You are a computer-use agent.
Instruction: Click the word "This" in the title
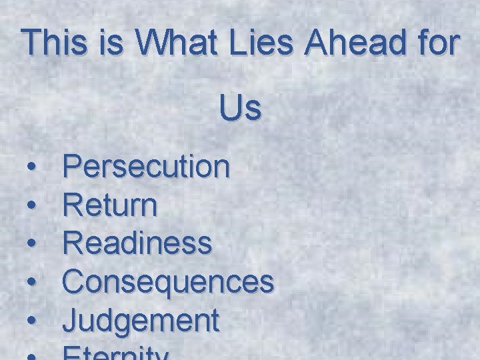pyautogui.click(x=53, y=43)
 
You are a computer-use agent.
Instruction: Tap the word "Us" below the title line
pyautogui.click(x=240, y=108)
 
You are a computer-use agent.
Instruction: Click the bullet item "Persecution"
pyautogui.click(x=147, y=167)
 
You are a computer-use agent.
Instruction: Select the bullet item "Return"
pyautogui.click(x=110, y=206)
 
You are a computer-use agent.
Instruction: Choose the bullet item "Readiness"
pyautogui.click(x=137, y=244)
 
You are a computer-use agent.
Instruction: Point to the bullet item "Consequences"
pyautogui.click(x=168, y=283)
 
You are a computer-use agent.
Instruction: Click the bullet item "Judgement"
pyautogui.click(x=141, y=321)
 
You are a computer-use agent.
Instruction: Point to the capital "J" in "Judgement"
pyautogui.click(x=70, y=320)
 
